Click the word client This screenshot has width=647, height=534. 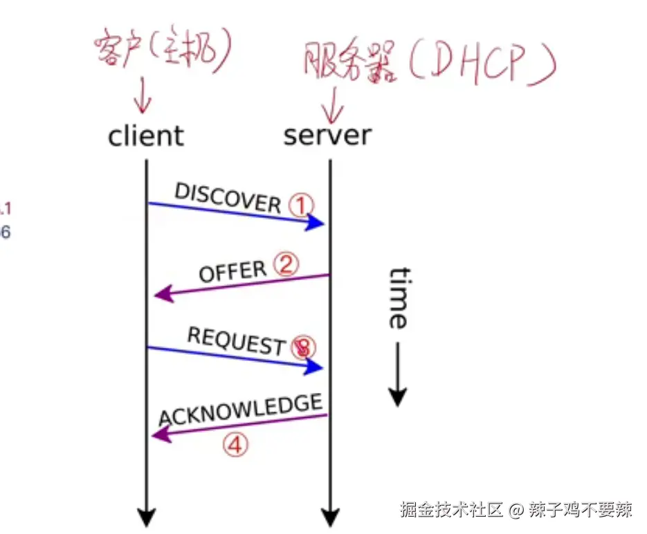(146, 136)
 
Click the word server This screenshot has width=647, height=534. (327, 136)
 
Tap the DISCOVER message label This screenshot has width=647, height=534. (227, 198)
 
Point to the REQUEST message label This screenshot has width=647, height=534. (236, 341)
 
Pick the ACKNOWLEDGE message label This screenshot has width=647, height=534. (241, 410)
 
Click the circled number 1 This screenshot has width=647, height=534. (301, 205)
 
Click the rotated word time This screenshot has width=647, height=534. (397, 297)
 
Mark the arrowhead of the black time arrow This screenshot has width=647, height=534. (397, 397)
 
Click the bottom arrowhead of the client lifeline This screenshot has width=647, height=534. (146, 517)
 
